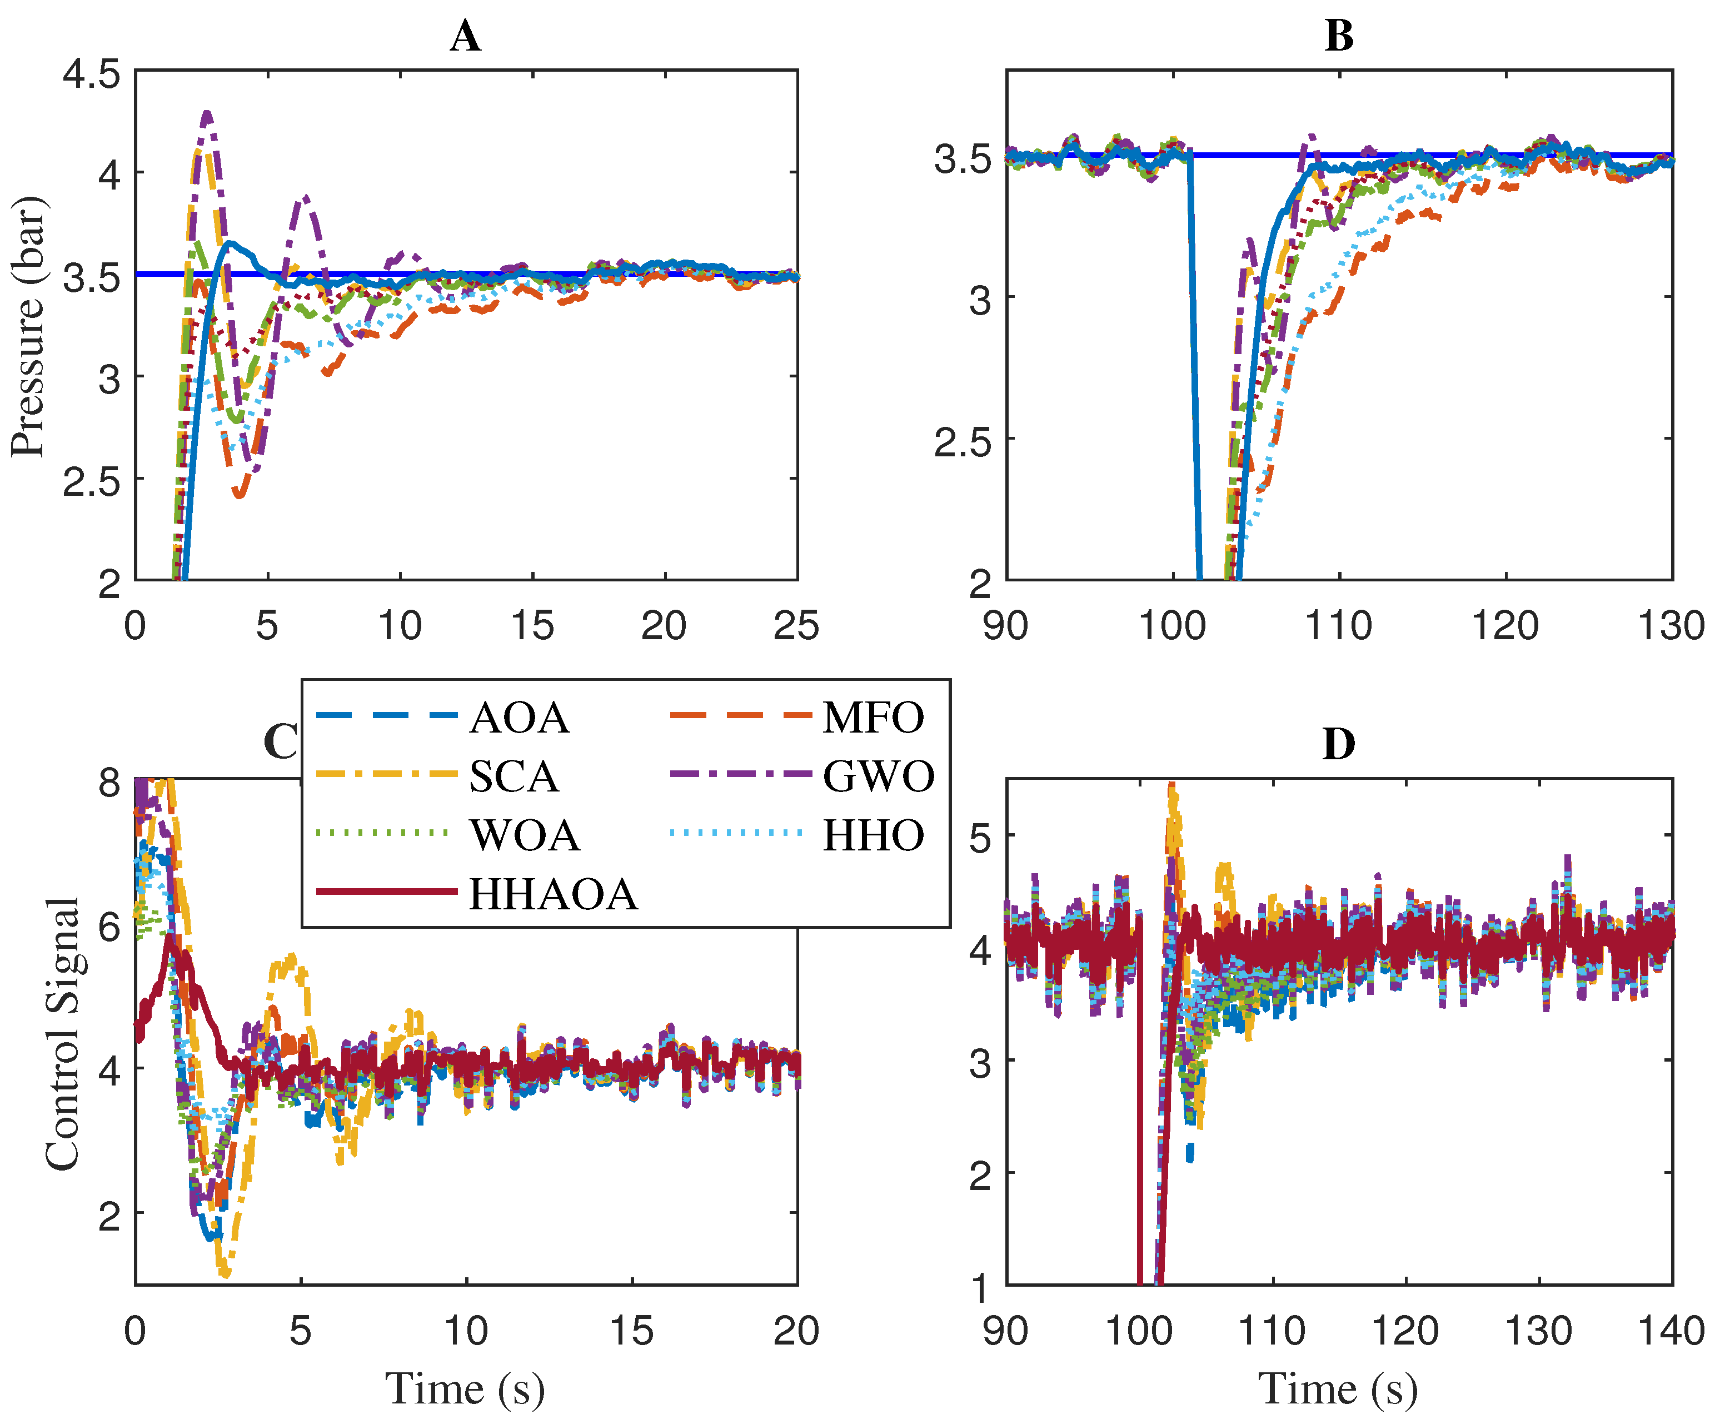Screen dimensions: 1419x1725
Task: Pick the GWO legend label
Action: pyautogui.click(x=879, y=776)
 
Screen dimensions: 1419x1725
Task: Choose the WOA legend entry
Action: pyautogui.click(x=525, y=835)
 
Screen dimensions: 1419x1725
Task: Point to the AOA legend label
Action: pyautogui.click(x=520, y=718)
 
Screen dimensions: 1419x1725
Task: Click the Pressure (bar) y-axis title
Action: pyautogui.click(x=28, y=327)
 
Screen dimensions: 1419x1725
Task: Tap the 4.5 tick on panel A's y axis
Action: pyautogui.click(x=92, y=75)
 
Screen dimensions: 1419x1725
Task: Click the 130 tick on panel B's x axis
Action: pyautogui.click(x=1671, y=627)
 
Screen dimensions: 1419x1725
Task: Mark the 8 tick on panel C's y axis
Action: pyautogui.click(x=109, y=782)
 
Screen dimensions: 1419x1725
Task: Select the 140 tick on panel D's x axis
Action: pyautogui.click(x=1671, y=1332)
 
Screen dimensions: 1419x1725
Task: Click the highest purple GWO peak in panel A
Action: pyautogui.click(x=207, y=113)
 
